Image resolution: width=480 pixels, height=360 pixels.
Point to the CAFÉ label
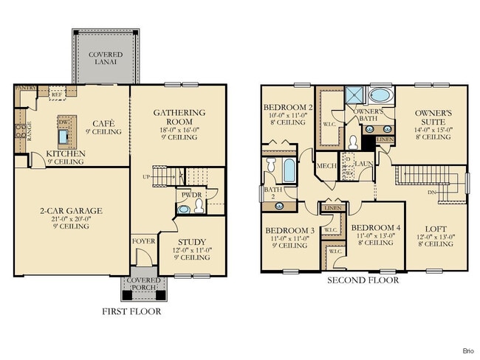pos(102,124)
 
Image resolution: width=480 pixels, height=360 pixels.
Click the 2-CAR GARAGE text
pos(71,211)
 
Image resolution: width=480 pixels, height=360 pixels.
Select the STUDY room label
pos(192,242)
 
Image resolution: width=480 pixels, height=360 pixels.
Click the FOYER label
pos(143,241)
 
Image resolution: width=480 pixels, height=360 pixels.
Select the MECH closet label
pos(326,166)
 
